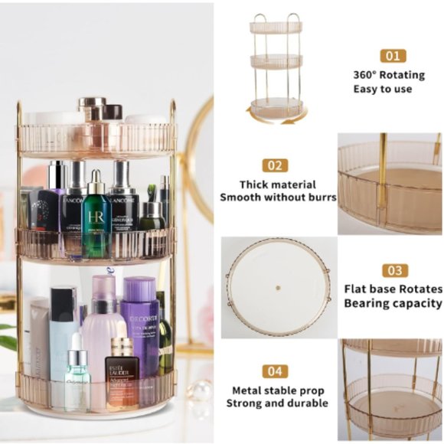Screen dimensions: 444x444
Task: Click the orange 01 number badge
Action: click(393, 56)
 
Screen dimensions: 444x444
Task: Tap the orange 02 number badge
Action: click(275, 165)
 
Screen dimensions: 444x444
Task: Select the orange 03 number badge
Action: click(393, 270)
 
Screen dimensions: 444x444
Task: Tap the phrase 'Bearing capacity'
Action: click(393, 304)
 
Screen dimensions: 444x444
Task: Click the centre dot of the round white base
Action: click(277, 289)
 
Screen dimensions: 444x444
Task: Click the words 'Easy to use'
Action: click(383, 89)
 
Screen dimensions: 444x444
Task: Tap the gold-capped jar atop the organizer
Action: click(92, 108)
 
